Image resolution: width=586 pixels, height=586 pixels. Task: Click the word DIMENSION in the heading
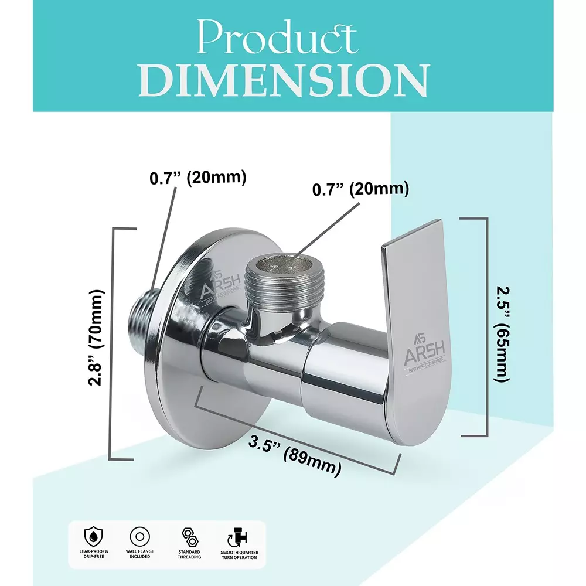point(286,80)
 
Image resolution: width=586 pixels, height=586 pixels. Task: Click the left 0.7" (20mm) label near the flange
point(197,178)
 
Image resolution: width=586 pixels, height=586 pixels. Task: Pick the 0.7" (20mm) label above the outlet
point(360,189)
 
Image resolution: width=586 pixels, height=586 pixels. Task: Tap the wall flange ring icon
point(141,536)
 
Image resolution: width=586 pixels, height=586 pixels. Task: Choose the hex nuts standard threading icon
point(189,536)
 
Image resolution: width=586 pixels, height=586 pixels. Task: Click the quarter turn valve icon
point(239,536)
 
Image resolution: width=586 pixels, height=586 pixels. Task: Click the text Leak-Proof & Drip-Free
point(94,554)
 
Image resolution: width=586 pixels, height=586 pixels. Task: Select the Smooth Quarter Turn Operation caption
point(239,554)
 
